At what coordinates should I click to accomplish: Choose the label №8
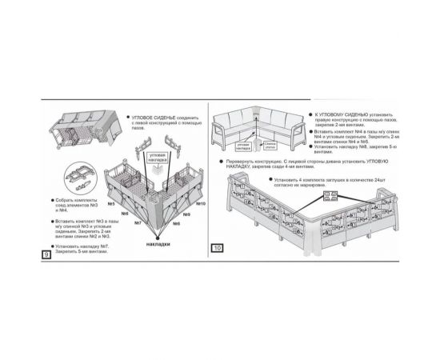177,223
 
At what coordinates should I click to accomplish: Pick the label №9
186,214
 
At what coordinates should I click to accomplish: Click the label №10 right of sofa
200,203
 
